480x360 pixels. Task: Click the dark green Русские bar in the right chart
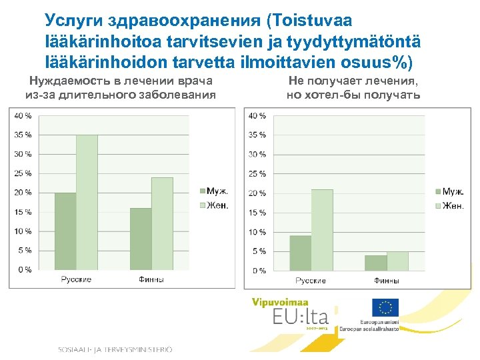coord(301,253)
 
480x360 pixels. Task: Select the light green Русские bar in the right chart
coord(322,229)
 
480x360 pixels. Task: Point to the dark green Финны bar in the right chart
coord(376,263)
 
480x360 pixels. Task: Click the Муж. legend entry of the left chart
coord(213,192)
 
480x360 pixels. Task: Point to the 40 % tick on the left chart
coord(23,115)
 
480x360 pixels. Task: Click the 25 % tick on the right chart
coord(257,174)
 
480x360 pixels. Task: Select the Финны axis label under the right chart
coord(387,281)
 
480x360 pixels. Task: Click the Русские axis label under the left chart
coord(76,279)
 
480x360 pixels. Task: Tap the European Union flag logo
coord(385,307)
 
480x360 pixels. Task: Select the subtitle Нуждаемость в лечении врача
coord(120,81)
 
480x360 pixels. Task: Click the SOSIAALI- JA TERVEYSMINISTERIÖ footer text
coord(115,349)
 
